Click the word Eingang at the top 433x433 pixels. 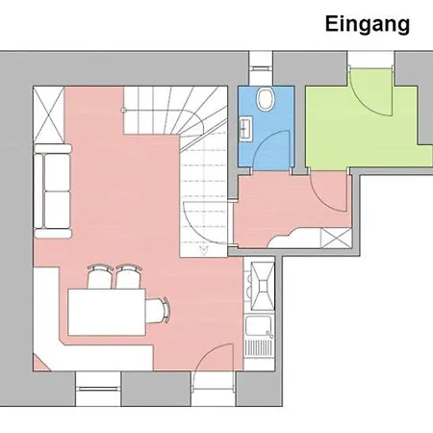367,24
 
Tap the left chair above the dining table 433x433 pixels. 99,278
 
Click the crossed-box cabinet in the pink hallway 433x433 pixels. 334,239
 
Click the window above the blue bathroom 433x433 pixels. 262,65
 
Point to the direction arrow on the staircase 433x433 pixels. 203,249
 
